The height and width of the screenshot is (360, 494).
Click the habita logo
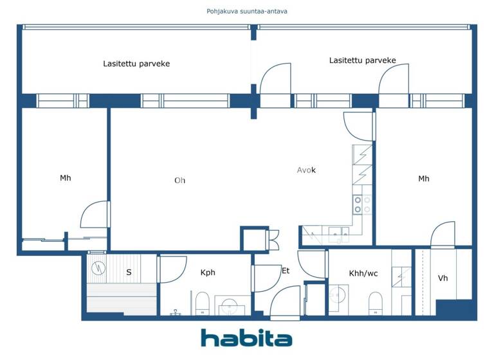[x=246, y=338]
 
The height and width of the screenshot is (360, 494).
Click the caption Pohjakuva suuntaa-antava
[x=247, y=11]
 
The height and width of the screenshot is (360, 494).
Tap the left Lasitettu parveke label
[x=136, y=64]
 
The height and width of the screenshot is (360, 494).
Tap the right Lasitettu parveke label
[x=362, y=60]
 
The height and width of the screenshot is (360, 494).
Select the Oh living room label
[x=179, y=181]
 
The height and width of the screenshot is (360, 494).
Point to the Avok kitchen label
[x=306, y=170]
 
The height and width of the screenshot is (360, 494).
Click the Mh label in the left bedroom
[x=66, y=178]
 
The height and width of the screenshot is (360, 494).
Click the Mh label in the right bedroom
[x=423, y=179]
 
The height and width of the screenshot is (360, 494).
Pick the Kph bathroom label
[x=208, y=273]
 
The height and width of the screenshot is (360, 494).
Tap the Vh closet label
[x=443, y=278]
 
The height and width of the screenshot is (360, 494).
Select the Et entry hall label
[x=286, y=271]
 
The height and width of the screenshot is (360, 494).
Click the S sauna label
[x=129, y=273]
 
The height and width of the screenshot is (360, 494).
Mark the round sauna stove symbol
[x=98, y=267]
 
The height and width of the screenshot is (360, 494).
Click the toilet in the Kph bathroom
[x=202, y=303]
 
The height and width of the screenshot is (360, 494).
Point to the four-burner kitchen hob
[x=362, y=204]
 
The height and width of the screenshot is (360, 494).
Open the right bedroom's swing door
[x=443, y=235]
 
